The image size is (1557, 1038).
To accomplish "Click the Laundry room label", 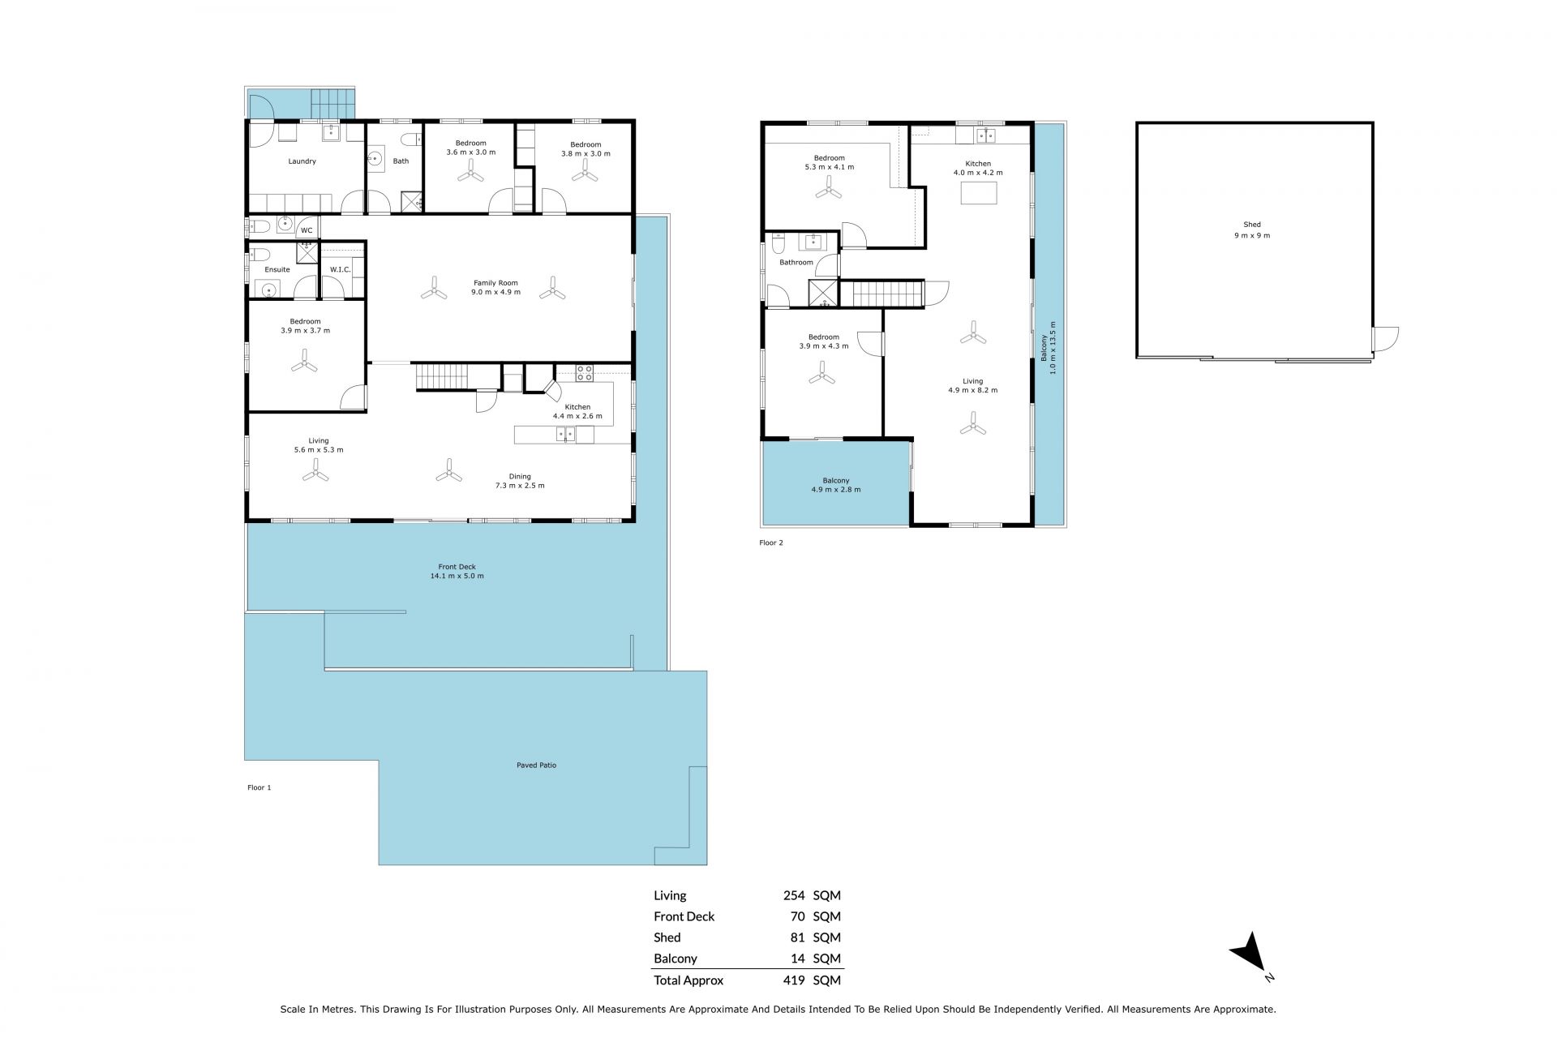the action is click(x=302, y=161).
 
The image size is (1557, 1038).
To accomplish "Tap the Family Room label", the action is click(x=495, y=283).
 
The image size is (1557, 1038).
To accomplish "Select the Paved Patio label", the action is click(x=537, y=765).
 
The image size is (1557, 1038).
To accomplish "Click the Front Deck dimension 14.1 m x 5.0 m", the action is click(x=457, y=576).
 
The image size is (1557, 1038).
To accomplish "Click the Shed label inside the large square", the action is click(x=1252, y=225).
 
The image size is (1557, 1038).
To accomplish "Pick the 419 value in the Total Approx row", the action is click(x=794, y=980).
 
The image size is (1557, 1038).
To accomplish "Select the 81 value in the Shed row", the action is click(x=797, y=937).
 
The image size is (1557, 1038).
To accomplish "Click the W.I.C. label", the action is click(x=340, y=269).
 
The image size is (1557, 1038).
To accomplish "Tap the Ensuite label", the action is click(x=277, y=269).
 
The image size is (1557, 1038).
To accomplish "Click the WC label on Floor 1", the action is click(x=307, y=230).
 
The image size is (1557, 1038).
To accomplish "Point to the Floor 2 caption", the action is click(x=771, y=543).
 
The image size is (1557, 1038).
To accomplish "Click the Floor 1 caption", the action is click(x=259, y=787).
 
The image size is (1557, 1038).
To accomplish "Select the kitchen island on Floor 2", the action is click(x=979, y=193).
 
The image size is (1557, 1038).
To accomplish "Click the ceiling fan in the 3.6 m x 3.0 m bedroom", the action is click(x=470, y=174).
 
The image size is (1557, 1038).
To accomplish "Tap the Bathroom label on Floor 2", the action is click(x=796, y=263).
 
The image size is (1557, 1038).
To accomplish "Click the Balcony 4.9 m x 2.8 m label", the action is click(x=836, y=485).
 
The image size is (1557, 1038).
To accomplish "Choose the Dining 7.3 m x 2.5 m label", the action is click(x=520, y=481).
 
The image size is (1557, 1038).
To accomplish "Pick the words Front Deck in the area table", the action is click(x=684, y=916).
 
